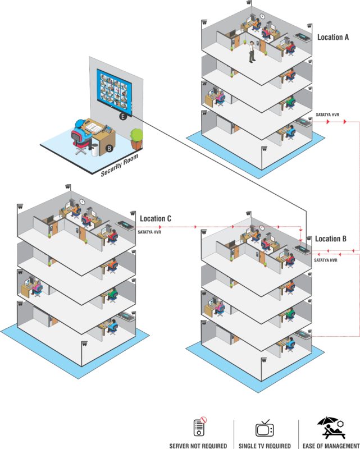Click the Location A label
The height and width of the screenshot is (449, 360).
tap(333, 37)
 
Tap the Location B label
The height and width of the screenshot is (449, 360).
tap(331, 239)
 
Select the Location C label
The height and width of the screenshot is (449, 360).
tap(156, 218)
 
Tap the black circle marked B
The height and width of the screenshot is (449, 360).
tap(110, 148)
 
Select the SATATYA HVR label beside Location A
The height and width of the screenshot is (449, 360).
tap(327, 115)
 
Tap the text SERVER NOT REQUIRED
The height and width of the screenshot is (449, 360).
tap(198, 446)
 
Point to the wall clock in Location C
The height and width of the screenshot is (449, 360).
tap(82, 201)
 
